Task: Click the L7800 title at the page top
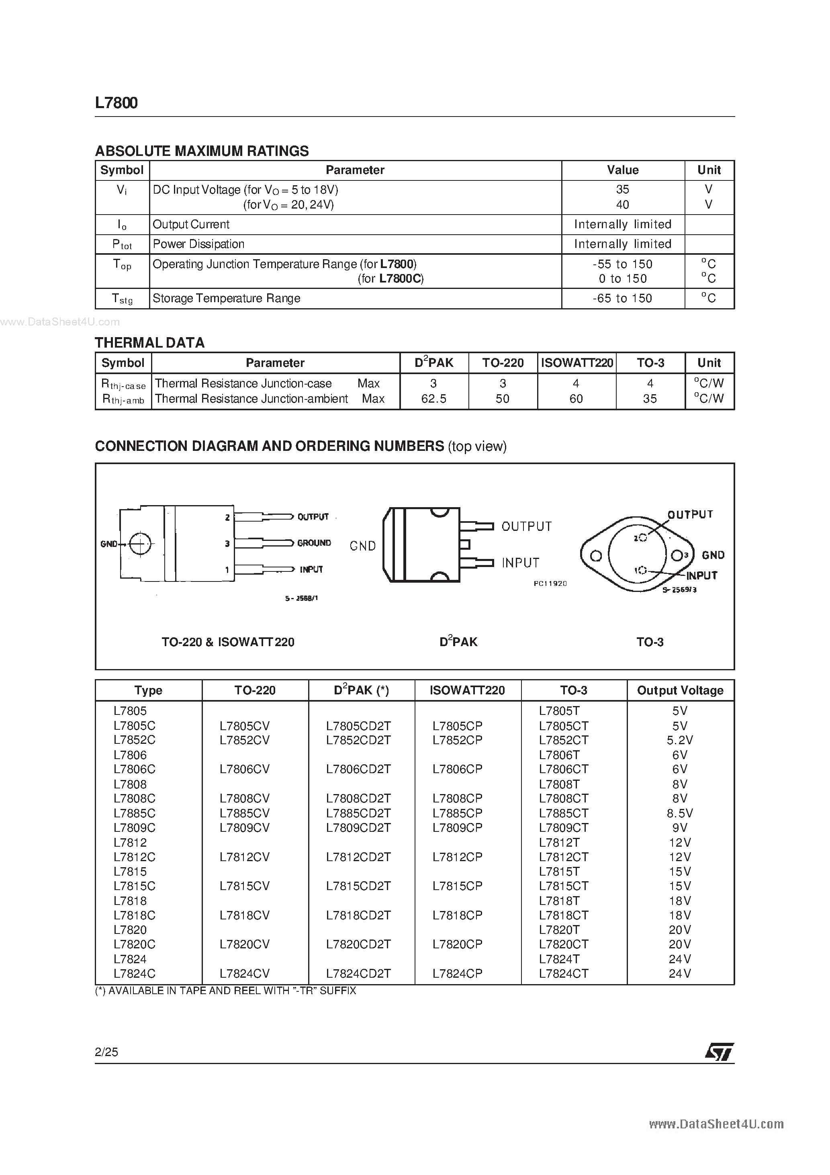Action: (116, 103)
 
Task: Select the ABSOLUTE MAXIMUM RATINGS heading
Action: (202, 151)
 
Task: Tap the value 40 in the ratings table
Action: (622, 205)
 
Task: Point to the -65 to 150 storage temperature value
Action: (622, 298)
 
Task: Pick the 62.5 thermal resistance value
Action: (433, 399)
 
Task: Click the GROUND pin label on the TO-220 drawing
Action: (314, 543)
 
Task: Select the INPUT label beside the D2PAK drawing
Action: (520, 563)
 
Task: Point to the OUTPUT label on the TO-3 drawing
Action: (690, 514)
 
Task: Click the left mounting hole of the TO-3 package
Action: (595, 556)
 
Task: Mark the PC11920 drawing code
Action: (550, 583)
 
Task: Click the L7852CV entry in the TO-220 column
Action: (244, 740)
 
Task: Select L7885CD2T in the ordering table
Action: (358, 813)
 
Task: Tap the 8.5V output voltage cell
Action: (680, 813)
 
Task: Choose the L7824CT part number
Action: (563, 973)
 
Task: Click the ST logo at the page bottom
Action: (719, 1052)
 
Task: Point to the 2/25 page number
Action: (106, 1052)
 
